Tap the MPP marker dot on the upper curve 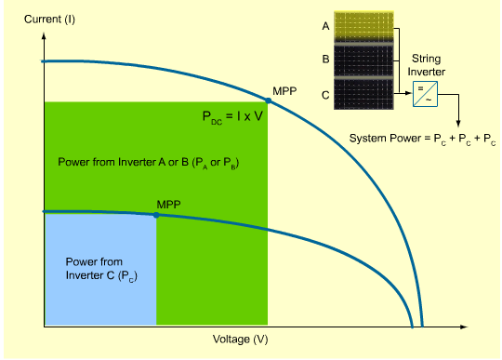(268, 100)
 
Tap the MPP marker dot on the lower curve (156, 215)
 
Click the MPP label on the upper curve (284, 91)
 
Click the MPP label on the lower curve (168, 203)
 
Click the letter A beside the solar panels (326, 27)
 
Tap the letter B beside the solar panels (326, 59)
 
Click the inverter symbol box (428, 92)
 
